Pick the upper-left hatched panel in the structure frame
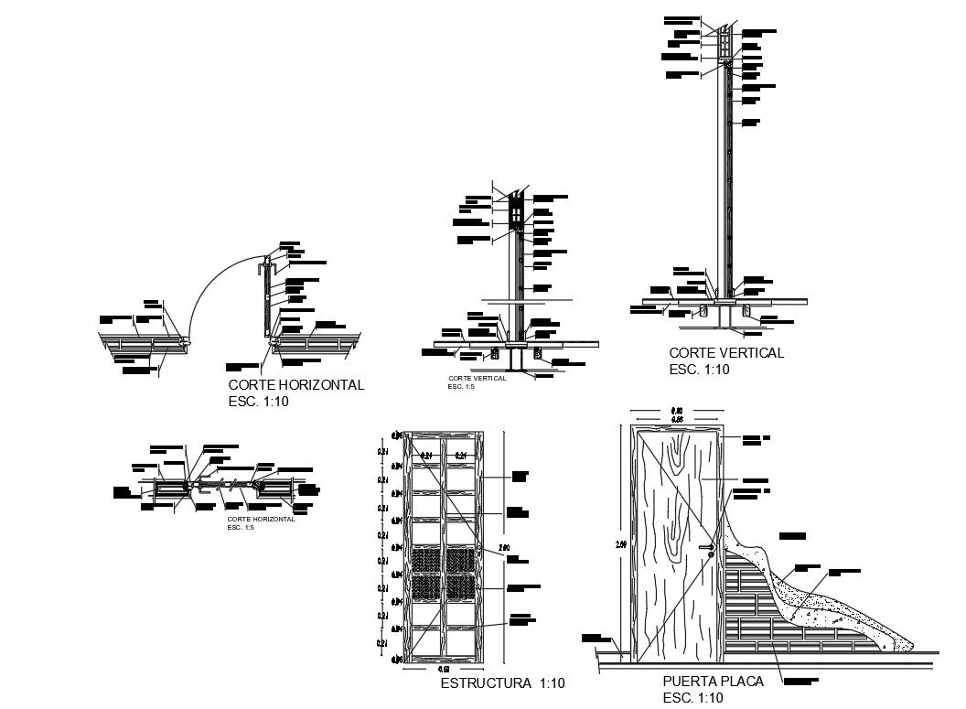424,559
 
